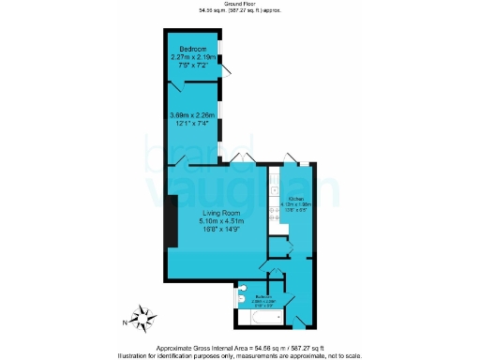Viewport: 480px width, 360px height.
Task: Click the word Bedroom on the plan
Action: pos(193,48)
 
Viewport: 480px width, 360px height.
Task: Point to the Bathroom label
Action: pos(263,295)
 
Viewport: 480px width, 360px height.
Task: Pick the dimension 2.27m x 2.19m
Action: pos(193,57)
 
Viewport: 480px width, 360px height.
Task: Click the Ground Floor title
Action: pos(239,5)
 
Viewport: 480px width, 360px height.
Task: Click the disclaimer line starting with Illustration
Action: pos(240,354)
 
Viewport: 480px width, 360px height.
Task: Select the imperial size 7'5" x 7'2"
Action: pos(193,66)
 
